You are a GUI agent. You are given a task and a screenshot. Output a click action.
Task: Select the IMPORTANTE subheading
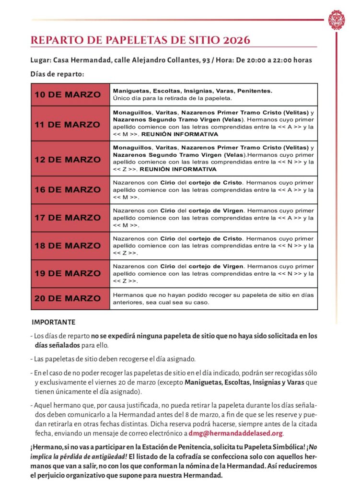click(53, 322)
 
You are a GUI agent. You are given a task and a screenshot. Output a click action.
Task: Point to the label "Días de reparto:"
click(57, 74)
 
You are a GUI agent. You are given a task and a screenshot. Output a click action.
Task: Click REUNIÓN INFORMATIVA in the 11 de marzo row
click(179, 135)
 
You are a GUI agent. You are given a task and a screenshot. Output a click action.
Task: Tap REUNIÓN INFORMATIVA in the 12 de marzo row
click(179, 169)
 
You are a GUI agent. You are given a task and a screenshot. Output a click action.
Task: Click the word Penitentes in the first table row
click(255, 91)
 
